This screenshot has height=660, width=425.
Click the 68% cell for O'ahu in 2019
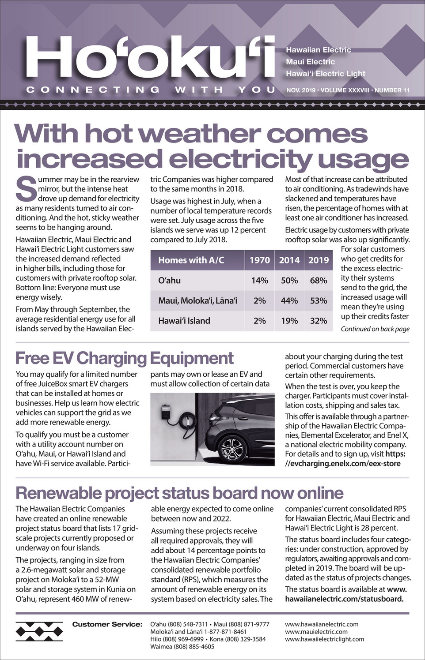point(318,281)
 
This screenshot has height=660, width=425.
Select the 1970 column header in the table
point(259,260)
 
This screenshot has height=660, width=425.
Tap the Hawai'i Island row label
point(184,321)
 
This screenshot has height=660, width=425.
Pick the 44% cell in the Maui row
point(289,301)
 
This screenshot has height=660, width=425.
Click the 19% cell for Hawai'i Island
point(289,321)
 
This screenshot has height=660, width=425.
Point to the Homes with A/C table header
point(191,260)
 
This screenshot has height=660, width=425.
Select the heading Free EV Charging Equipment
point(124,358)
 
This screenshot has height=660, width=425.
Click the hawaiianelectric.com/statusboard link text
point(344,599)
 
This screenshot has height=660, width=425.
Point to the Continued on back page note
point(375,329)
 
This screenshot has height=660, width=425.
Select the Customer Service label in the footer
point(107,624)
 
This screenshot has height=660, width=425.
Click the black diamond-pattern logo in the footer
point(39,631)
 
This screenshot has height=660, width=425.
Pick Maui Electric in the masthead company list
point(310,62)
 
